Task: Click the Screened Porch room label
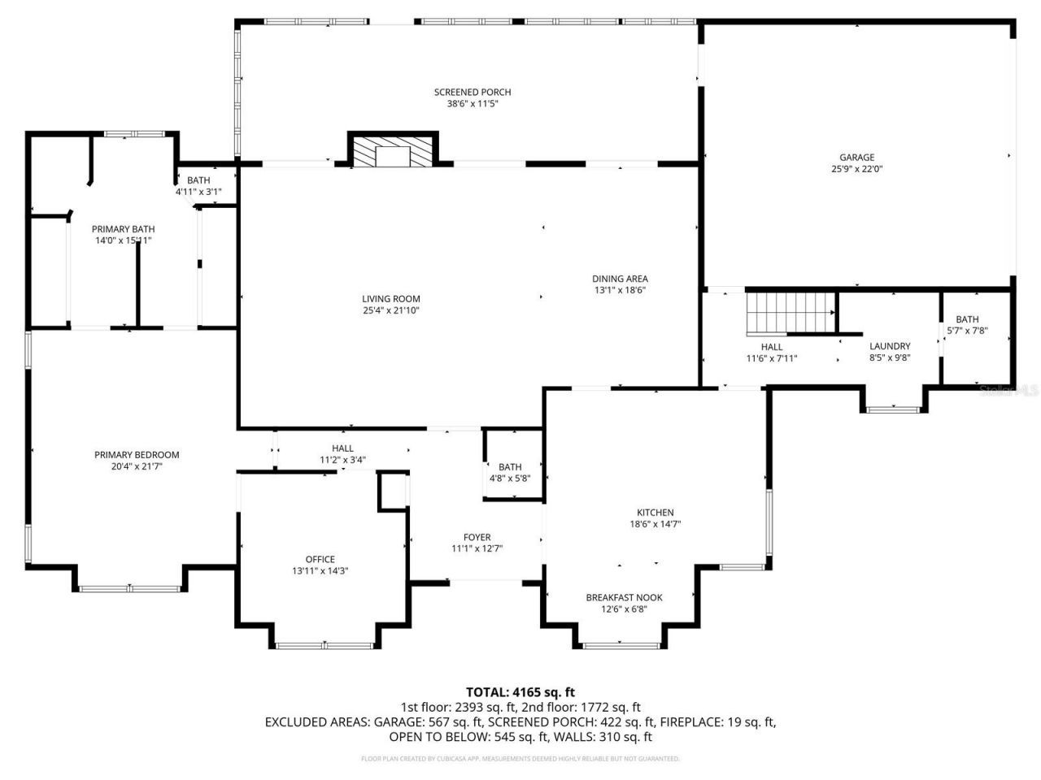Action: click(473, 93)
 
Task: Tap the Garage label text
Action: click(857, 158)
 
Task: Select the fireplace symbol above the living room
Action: click(393, 152)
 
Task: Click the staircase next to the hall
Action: click(790, 312)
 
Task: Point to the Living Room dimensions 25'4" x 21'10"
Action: click(391, 310)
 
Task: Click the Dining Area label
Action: click(620, 279)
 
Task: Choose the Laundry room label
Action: click(890, 346)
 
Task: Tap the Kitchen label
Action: click(655, 513)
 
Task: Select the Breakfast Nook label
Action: click(624, 597)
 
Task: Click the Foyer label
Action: click(477, 537)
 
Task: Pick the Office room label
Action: click(320, 559)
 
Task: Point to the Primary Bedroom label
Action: click(137, 455)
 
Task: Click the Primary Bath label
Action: click(123, 229)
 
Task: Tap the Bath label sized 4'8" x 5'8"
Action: click(510, 467)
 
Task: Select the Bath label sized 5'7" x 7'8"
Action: click(967, 319)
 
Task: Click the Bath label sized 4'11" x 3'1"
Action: click(198, 180)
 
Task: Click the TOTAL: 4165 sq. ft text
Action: click(525, 692)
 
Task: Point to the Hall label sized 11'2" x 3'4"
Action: click(342, 448)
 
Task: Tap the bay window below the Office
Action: click(324, 645)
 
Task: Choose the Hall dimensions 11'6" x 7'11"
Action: click(772, 358)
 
